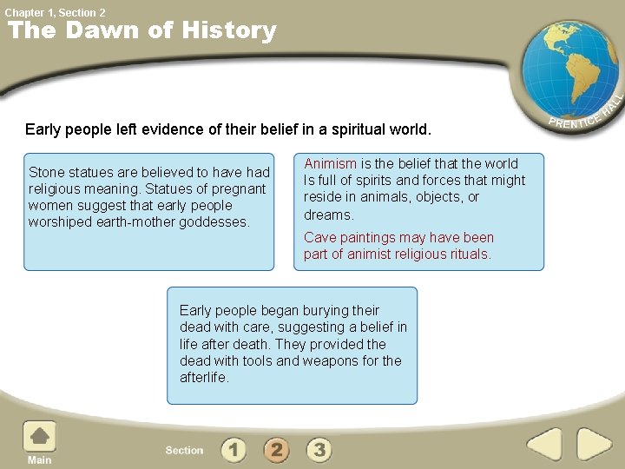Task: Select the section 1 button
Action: pyautogui.click(x=234, y=449)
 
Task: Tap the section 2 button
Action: pyautogui.click(x=276, y=449)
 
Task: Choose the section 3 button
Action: pyautogui.click(x=319, y=449)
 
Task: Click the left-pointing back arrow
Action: pyautogui.click(x=544, y=446)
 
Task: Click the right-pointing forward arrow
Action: pyautogui.click(x=595, y=446)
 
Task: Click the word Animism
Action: pyautogui.click(x=330, y=163)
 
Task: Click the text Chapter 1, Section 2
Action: pyautogui.click(x=56, y=12)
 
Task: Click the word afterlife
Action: pyautogui.click(x=203, y=378)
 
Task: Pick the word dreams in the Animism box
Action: pyautogui.click(x=328, y=215)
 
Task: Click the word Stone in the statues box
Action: pyautogui.click(x=47, y=172)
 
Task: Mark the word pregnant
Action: pyautogui.click(x=236, y=188)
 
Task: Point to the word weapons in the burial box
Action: pyautogui.click(x=306, y=360)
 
